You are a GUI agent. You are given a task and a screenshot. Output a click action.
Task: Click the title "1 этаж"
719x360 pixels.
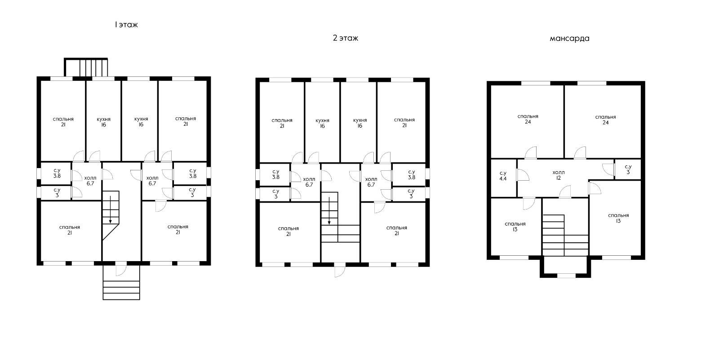126,25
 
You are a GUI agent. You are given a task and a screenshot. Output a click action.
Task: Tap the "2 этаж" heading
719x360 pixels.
346,38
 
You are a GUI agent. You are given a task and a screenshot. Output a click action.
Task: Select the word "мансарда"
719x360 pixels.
569,39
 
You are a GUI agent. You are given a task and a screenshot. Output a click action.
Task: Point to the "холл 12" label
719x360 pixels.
559,175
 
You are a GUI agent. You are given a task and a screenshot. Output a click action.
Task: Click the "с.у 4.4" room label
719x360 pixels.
503,176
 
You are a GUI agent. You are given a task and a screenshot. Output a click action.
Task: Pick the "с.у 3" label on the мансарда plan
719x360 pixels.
628,169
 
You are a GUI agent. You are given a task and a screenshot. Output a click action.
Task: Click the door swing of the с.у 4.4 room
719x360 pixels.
523,175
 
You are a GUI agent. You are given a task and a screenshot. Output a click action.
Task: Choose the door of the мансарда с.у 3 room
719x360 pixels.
608,169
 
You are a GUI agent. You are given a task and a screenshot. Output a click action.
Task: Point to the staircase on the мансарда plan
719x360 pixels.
565,235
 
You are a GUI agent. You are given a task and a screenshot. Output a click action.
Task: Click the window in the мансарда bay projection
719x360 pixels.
566,276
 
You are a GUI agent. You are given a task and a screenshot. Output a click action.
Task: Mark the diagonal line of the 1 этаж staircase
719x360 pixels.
111,232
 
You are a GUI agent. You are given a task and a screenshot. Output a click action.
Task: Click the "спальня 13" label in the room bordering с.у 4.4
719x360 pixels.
515,227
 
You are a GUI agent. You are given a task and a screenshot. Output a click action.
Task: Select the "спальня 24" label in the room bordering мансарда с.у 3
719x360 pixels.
605,120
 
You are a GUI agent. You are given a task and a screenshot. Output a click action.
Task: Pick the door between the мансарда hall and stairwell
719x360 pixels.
565,192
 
